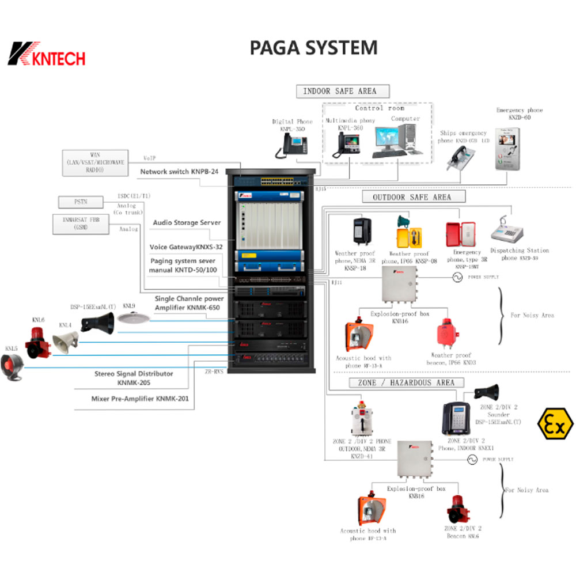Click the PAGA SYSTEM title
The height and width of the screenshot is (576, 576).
pyautogui.click(x=313, y=48)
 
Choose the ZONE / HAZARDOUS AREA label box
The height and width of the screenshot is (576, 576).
pyautogui.click(x=401, y=382)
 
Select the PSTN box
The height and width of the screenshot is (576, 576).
pyautogui.click(x=81, y=202)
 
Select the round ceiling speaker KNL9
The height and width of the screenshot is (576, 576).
pyautogui.click(x=129, y=317)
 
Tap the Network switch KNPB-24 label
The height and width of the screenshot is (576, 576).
pyautogui.click(x=178, y=172)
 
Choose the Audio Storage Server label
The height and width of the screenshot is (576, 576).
pyautogui.click(x=187, y=222)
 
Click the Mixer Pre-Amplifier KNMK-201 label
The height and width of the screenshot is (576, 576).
pyautogui.click(x=139, y=398)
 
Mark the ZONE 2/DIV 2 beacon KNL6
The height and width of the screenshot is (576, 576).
pyautogui.click(x=459, y=508)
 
